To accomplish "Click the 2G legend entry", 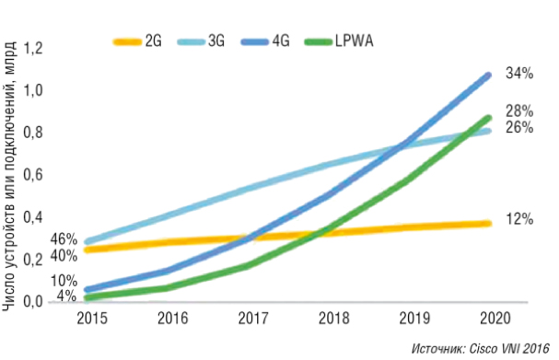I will click(x=141, y=41).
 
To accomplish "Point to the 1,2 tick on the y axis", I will click(x=33, y=49).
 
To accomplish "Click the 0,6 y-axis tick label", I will click(x=33, y=175).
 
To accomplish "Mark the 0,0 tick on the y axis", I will click(x=33, y=302).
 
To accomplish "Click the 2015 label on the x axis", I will click(x=90, y=319).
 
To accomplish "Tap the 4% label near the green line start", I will click(x=66, y=296).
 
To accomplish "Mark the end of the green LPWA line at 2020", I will click(x=488, y=117).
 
